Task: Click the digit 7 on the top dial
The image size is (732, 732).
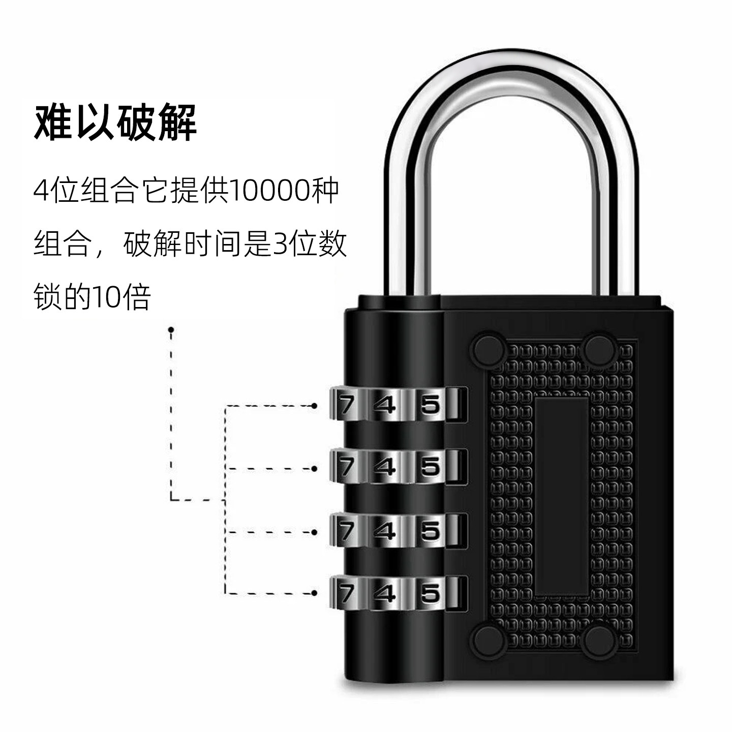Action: coord(347,405)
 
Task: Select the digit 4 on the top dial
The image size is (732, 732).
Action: coord(385,405)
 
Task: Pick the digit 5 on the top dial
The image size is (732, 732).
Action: coord(430,405)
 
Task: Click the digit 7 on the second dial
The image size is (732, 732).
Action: coord(347,466)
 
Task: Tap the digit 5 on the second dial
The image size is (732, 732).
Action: coord(430,466)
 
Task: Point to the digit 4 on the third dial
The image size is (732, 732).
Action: coord(385,531)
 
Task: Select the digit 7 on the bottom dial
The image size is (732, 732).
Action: coord(347,592)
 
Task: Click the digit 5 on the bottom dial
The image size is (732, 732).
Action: coord(430,592)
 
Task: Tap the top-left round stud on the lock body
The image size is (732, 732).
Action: coord(489,350)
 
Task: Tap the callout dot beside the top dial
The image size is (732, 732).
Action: coord(314,406)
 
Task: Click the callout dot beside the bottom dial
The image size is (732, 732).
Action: coord(314,593)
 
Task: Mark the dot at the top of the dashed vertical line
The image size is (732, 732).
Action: coord(171,330)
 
